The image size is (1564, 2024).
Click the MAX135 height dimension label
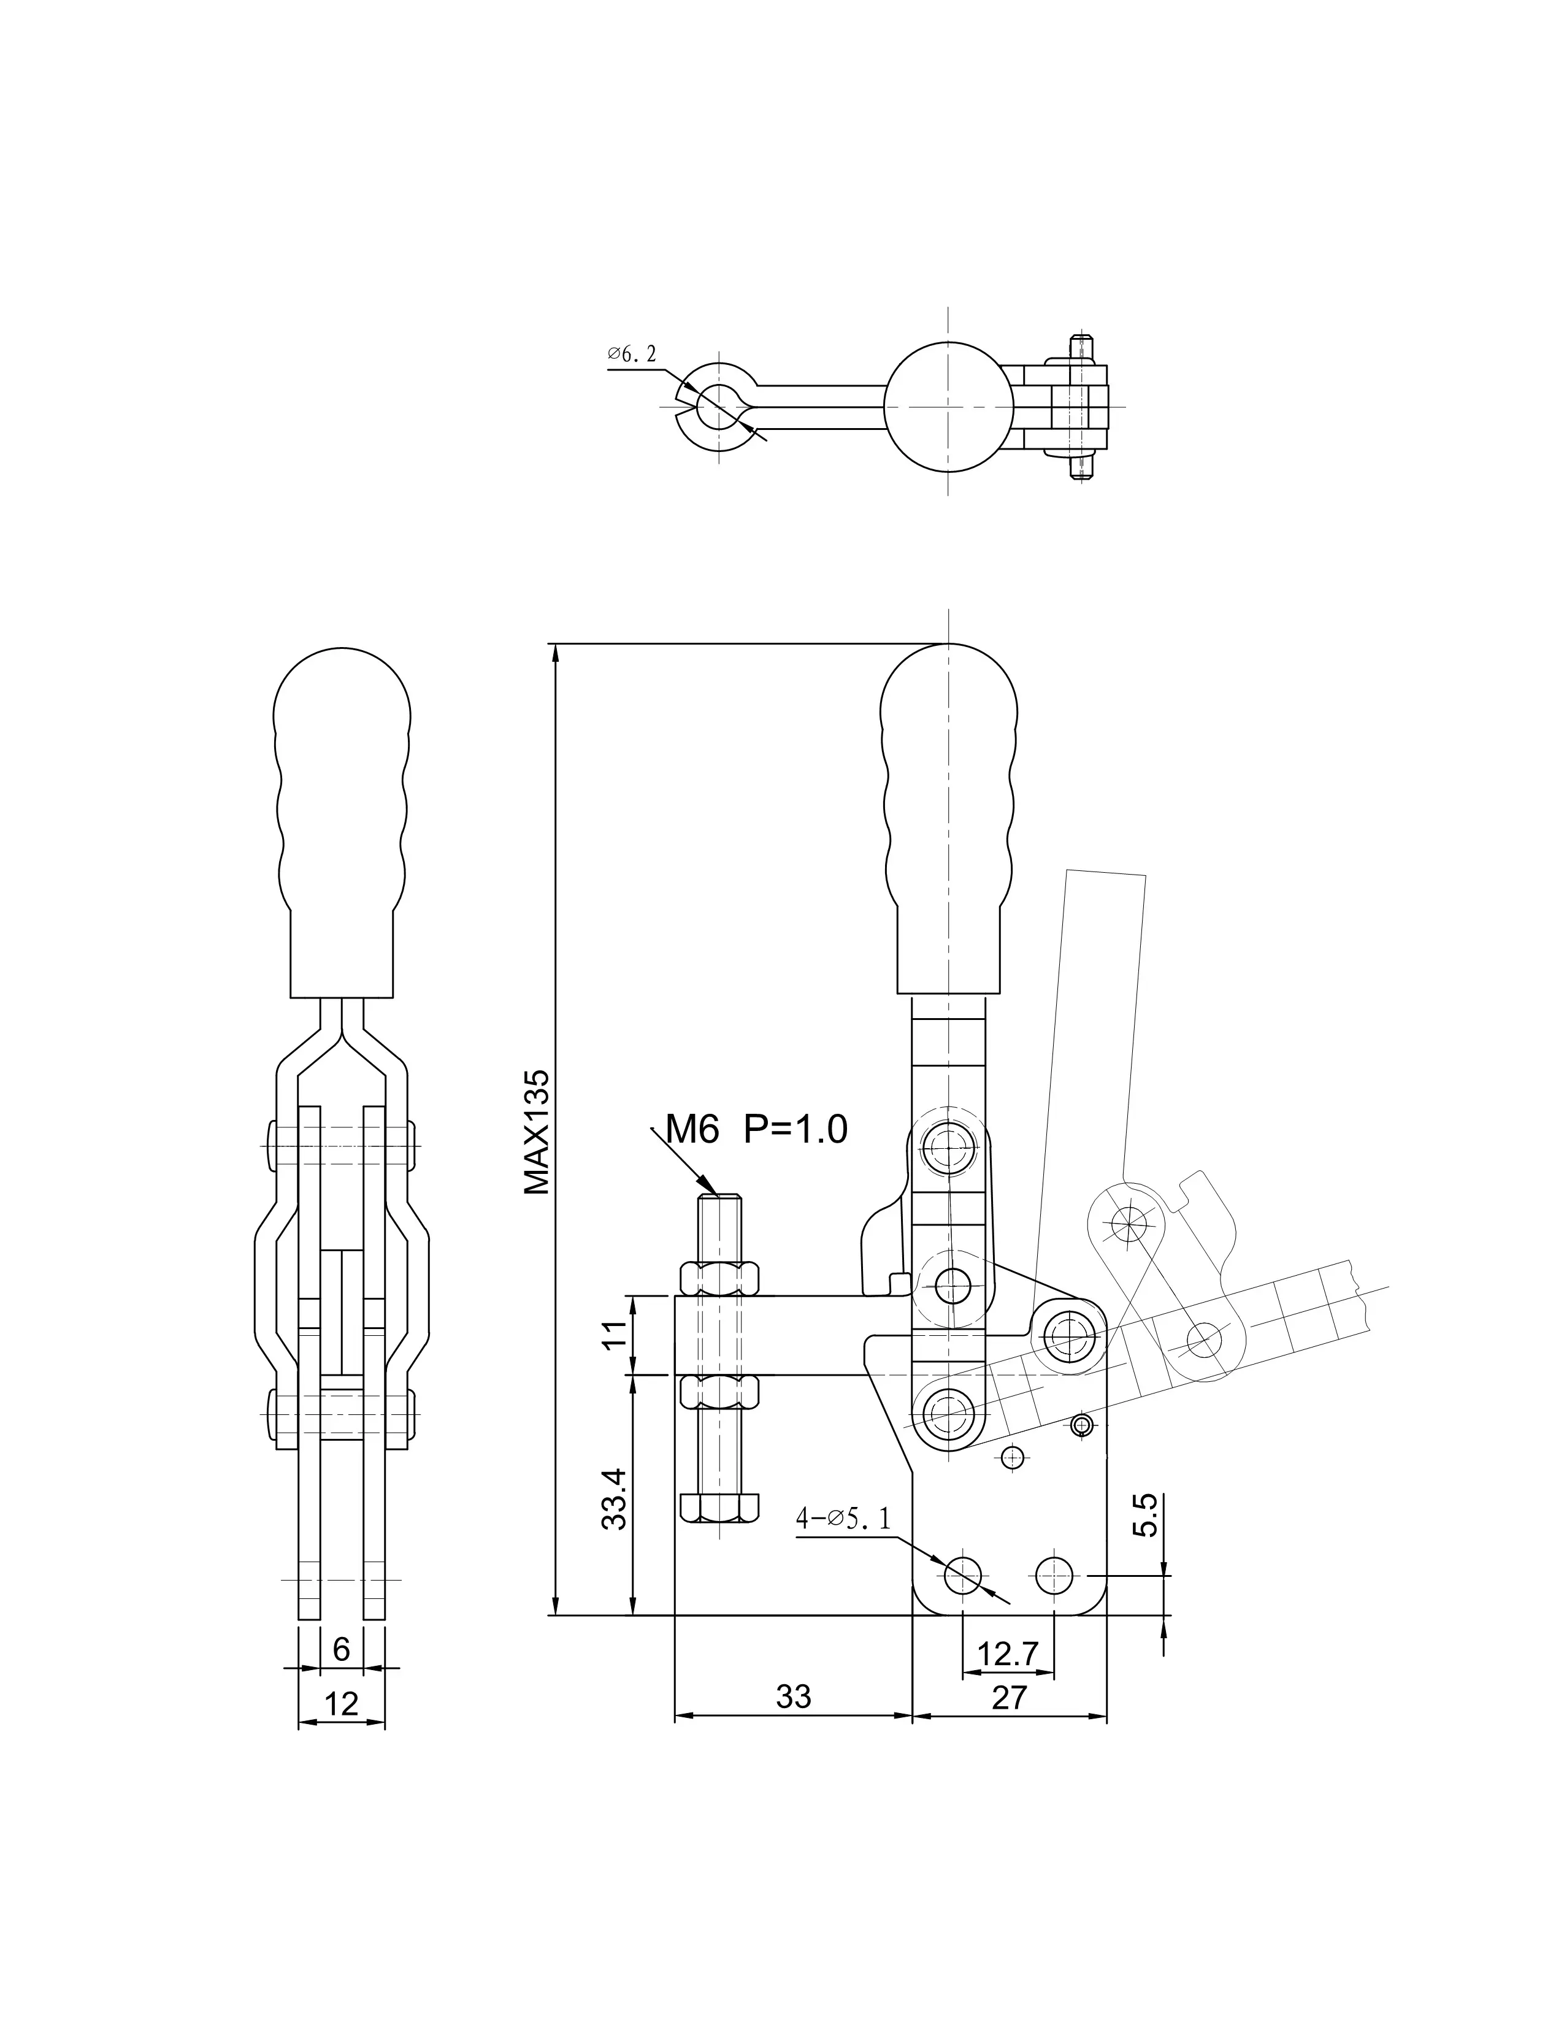click(x=537, y=1132)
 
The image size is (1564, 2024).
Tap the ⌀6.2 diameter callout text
click(x=632, y=353)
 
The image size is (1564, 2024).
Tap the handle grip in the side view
click(x=342, y=826)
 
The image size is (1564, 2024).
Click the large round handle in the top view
click(x=948, y=407)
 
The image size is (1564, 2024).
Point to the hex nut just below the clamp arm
click(x=720, y=1390)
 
